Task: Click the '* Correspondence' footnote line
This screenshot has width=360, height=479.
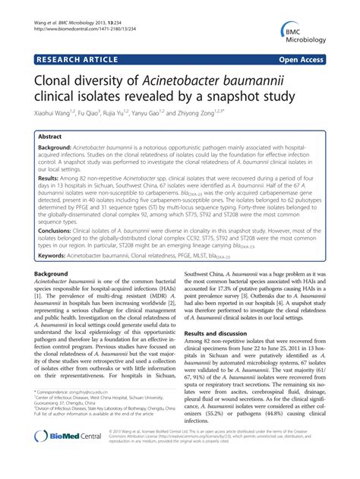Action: pos(80,414)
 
